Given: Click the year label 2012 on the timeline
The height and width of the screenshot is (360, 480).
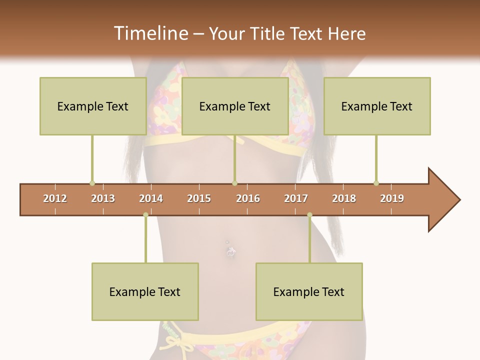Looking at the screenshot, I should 55,198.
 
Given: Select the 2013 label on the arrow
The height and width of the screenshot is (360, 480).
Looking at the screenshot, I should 103,198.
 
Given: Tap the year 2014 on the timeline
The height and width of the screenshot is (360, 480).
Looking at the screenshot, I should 151,198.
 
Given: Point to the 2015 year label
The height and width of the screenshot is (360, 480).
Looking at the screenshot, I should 199,198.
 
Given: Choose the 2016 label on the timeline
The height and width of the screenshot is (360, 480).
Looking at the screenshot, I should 248,198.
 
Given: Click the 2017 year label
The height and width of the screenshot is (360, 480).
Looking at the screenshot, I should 296,198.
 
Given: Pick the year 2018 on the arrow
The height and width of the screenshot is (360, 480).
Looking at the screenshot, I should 344,198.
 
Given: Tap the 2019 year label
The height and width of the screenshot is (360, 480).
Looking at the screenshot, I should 392,198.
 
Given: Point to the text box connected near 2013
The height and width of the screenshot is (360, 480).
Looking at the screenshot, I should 93,106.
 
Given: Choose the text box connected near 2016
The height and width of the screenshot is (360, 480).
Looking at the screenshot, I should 235,106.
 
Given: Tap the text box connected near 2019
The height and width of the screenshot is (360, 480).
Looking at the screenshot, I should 377,106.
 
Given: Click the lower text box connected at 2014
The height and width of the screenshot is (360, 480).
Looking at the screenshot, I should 145,291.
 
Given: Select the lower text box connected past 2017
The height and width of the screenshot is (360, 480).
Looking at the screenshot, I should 309,291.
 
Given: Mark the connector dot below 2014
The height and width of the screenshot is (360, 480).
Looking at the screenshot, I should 145,215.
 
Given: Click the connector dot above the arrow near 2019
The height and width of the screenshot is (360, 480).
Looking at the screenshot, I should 376,183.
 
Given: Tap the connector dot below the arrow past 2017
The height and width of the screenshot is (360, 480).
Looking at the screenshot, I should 309,215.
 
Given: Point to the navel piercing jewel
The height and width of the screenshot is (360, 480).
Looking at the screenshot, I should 229,252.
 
